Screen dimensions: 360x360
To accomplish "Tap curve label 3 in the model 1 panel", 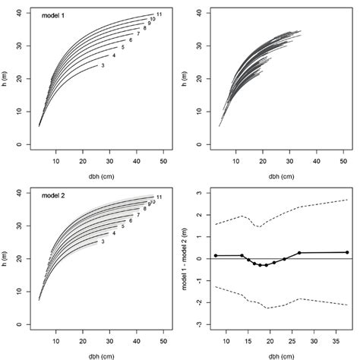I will click(102, 66).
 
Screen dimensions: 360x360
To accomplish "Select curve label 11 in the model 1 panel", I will click(158, 14).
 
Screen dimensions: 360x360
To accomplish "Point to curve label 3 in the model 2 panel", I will click(102, 242).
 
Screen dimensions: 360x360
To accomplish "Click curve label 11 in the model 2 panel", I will click(159, 197).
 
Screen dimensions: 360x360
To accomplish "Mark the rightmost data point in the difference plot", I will click(347, 252).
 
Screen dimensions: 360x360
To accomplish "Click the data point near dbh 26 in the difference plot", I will click(299, 253).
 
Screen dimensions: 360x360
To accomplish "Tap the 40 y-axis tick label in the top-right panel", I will click(198, 12).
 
